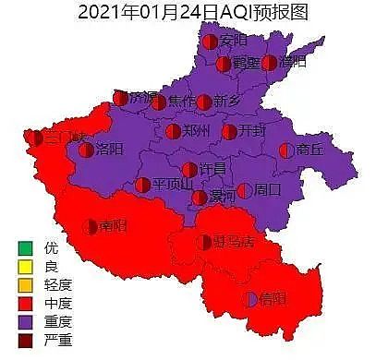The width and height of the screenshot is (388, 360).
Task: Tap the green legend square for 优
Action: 24,247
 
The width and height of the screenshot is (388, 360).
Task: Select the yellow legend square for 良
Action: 24,266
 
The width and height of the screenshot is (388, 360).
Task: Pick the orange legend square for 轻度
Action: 24,284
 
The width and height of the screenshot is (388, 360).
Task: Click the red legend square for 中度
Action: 24,303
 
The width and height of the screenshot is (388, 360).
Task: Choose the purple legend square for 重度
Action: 24,321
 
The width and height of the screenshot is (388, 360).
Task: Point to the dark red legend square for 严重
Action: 24,340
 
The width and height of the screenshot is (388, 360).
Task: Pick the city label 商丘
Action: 309,150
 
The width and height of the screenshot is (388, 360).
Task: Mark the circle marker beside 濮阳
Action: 269,64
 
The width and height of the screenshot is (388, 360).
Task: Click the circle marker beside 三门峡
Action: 35,138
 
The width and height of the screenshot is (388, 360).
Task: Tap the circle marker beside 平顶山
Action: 143,185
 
